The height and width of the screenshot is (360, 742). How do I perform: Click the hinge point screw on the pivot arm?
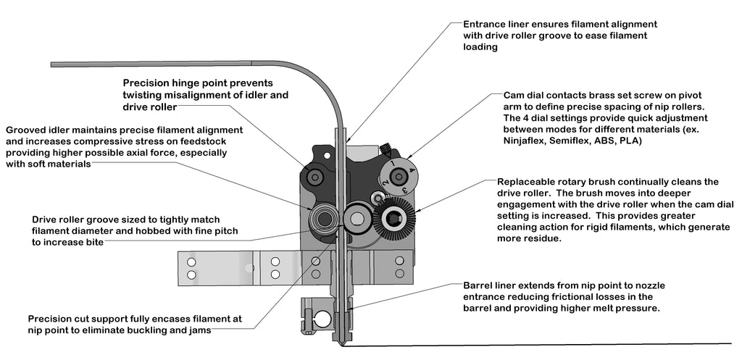point(315,176)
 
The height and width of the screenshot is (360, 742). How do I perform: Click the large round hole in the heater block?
point(321,319)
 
